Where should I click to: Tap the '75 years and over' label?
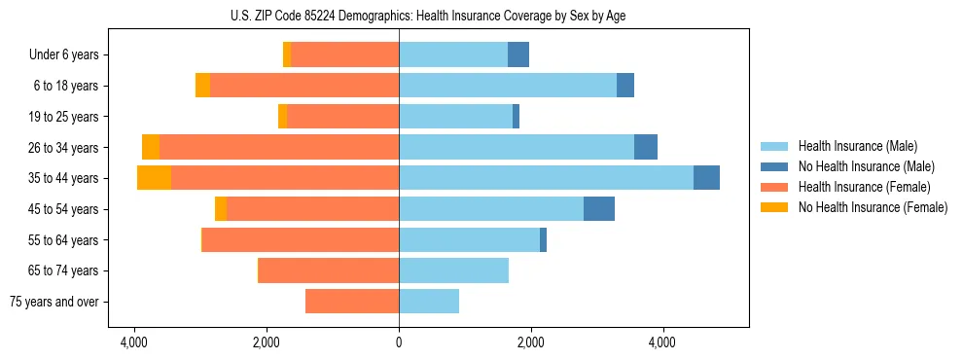click(x=54, y=302)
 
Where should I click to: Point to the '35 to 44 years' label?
click(x=65, y=178)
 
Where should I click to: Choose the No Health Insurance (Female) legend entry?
click(x=873, y=207)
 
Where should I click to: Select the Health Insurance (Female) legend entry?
click(x=864, y=187)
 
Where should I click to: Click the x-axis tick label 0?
click(x=399, y=342)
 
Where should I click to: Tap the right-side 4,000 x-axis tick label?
click(x=662, y=342)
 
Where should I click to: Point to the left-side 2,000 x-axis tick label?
click(x=267, y=342)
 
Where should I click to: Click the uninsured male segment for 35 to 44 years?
click(x=706, y=178)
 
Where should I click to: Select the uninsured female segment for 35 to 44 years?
click(x=154, y=178)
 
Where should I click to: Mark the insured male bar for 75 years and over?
click(x=429, y=302)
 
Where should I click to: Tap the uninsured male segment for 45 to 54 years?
click(x=599, y=209)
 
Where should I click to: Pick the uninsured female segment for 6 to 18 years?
click(x=202, y=86)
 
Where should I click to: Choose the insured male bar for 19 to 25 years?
click(x=455, y=117)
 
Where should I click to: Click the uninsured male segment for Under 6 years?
click(x=518, y=55)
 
